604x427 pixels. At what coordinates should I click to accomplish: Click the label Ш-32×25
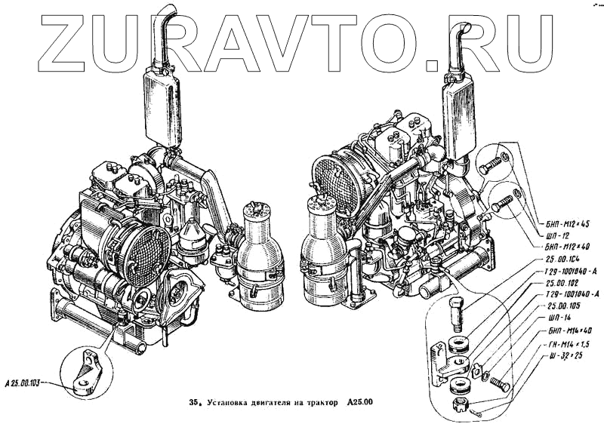pos(559,355)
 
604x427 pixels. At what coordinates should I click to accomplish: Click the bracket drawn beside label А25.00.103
pos(85,371)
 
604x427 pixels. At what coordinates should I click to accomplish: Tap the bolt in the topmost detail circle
pos(493,161)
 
